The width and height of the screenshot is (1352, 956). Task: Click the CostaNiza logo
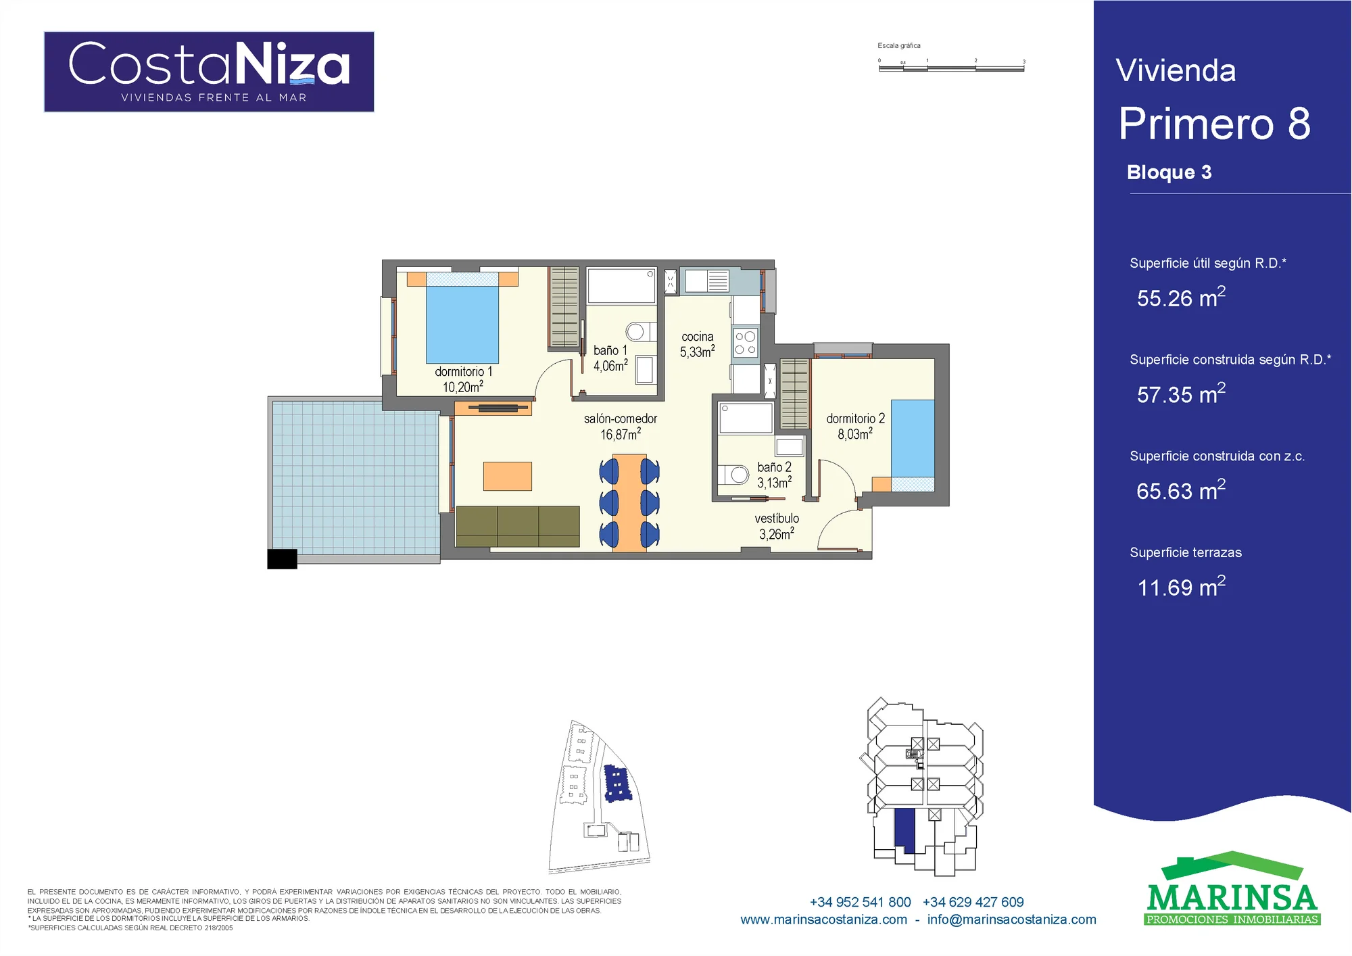tap(209, 72)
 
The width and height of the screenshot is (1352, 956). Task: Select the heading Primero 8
tap(1214, 124)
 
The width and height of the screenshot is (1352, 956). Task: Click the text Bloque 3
tap(1169, 173)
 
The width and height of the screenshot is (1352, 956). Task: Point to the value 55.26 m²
tap(1181, 297)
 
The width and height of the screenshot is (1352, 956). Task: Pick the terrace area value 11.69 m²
tap(1181, 587)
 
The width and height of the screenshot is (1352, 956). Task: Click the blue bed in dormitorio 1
tap(462, 324)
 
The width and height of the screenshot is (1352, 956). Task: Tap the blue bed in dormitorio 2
tap(913, 439)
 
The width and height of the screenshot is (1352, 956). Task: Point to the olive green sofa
tap(518, 526)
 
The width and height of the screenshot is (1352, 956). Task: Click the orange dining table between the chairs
tap(629, 503)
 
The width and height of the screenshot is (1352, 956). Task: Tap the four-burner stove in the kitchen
tap(746, 342)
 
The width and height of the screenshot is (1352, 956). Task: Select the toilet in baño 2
tap(733, 475)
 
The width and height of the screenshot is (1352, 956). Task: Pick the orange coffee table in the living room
tap(508, 476)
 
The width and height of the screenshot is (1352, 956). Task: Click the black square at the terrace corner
tap(283, 559)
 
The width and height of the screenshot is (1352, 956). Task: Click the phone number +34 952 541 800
tap(860, 902)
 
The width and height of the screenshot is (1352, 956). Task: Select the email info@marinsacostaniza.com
tap(1011, 919)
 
